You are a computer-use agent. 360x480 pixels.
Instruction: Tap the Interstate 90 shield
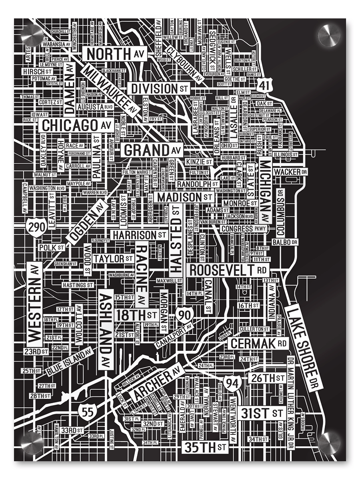(x=185, y=315)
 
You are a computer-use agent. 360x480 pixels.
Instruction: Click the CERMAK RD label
(x=258, y=343)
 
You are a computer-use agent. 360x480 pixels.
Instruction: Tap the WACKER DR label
(x=291, y=172)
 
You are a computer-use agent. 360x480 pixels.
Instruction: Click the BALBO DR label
(x=285, y=242)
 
